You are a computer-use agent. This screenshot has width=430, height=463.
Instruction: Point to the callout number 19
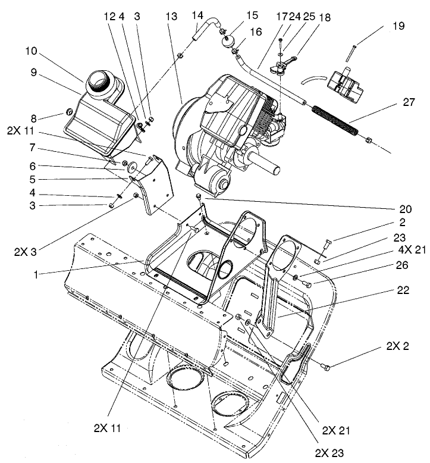click(398, 26)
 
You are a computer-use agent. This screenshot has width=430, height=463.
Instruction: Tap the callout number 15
click(236, 14)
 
